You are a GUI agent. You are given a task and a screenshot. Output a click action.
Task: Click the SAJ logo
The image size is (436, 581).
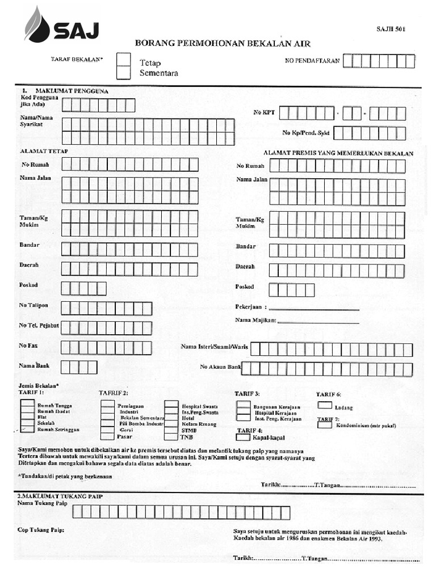coord(61,26)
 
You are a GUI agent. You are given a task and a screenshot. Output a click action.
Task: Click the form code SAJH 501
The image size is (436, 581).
coord(391,29)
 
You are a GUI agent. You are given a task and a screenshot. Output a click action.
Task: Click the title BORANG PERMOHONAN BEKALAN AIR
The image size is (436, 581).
coord(223,44)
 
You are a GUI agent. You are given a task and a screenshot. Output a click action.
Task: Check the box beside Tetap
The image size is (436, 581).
coord(123,59)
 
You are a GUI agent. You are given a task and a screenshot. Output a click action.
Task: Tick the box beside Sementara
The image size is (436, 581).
coord(123,73)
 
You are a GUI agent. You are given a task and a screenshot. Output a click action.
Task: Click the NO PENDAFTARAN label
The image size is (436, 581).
coord(312,61)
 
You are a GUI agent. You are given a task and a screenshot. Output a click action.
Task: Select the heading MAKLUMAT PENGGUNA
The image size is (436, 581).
coord(72,91)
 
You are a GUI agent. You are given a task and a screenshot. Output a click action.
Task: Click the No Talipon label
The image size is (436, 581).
coord(33,306)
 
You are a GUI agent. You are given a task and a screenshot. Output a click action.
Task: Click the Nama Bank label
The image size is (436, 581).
coord(34,366)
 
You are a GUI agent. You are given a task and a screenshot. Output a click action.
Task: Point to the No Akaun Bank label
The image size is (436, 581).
coord(220,368)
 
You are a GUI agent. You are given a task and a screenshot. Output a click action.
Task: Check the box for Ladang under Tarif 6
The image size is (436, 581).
coord(325,405)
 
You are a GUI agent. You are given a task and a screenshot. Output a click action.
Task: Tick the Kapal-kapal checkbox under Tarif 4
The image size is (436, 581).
coord(242,437)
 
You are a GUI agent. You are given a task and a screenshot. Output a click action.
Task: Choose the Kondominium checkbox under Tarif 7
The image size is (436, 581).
coord(325,425)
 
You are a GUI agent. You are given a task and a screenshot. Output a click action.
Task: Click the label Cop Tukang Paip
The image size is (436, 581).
coord(41,530)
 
